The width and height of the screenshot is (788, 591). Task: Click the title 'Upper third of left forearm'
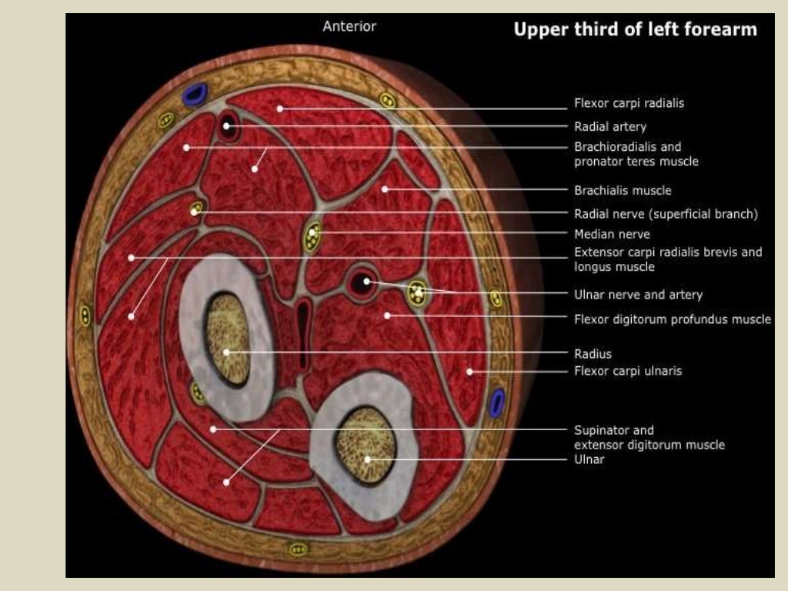(x=635, y=30)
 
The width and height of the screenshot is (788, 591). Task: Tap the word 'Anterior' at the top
(x=349, y=26)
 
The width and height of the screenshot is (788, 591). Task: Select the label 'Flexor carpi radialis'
(x=629, y=102)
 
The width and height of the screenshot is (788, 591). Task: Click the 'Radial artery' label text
(x=609, y=126)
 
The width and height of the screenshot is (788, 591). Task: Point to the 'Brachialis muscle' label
(x=623, y=190)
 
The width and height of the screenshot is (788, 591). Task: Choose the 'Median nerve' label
(x=612, y=234)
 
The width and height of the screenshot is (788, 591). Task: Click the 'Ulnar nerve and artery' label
(x=638, y=294)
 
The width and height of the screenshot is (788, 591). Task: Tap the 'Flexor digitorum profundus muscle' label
(x=672, y=319)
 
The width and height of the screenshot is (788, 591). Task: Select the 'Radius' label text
(x=593, y=354)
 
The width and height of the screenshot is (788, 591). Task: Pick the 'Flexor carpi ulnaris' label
(x=628, y=371)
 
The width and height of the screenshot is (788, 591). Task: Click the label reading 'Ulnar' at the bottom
(x=589, y=459)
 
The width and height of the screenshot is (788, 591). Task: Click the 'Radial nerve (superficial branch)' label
(x=666, y=214)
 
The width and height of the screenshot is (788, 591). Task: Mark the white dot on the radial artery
(x=228, y=125)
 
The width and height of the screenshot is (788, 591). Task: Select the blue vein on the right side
(x=497, y=402)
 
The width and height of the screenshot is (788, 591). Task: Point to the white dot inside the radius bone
(x=227, y=352)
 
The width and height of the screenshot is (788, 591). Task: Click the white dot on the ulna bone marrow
(x=368, y=459)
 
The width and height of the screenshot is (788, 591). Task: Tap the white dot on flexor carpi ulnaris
(x=469, y=372)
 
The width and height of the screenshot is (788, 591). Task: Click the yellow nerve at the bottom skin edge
(x=298, y=549)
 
